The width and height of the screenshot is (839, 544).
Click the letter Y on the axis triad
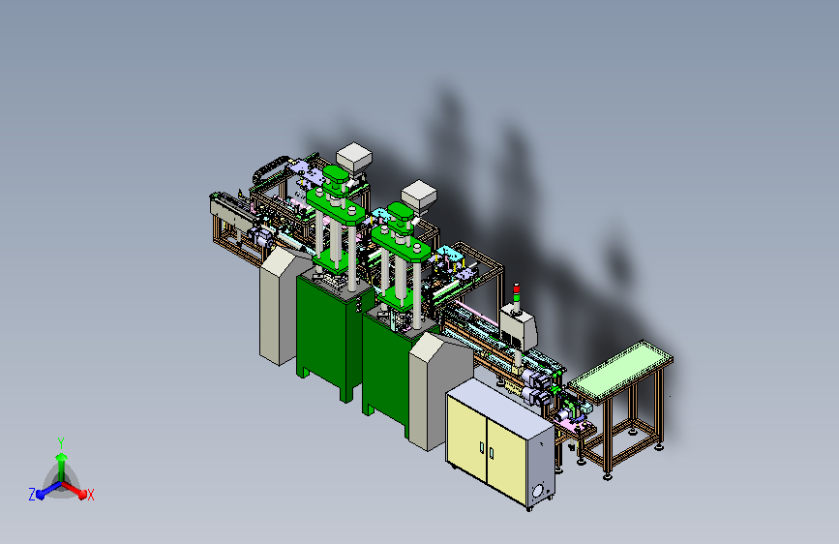click(x=61, y=443)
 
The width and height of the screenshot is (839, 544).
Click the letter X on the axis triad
click(x=90, y=496)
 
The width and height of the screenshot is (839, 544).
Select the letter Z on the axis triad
click(x=32, y=495)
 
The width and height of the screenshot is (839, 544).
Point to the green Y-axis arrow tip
click(x=62, y=457)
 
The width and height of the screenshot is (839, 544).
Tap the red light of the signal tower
click(x=517, y=288)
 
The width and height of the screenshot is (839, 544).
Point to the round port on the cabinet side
click(x=538, y=490)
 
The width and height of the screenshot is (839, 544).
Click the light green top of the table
click(x=620, y=371)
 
